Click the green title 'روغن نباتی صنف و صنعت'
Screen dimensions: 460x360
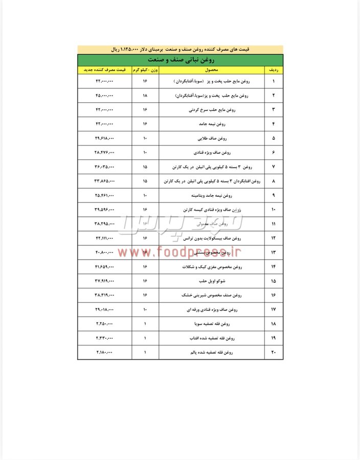tap(181, 59)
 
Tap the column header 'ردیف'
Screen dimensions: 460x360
tap(273, 69)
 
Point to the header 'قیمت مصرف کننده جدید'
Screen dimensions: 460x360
tap(104, 69)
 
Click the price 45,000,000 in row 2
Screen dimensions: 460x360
tap(104, 96)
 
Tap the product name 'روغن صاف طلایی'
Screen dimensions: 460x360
tap(214, 139)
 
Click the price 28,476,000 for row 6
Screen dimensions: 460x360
tap(104, 153)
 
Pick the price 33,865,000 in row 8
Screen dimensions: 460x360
tap(104, 181)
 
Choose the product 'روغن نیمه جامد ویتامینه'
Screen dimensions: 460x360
tap(214, 196)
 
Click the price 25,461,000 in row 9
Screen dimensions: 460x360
tap(104, 196)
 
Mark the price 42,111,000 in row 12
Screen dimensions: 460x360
tap(104, 239)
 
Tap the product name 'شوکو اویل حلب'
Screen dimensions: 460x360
tap(214, 282)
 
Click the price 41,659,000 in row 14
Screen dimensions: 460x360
tap(104, 267)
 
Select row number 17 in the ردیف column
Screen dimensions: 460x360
tap(273, 310)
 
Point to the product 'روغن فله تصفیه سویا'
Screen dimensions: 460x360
tap(214, 325)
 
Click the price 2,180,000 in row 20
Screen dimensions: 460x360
tap(104, 353)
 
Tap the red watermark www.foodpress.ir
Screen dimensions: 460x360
tap(179, 251)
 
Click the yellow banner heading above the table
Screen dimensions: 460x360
tap(181, 50)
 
